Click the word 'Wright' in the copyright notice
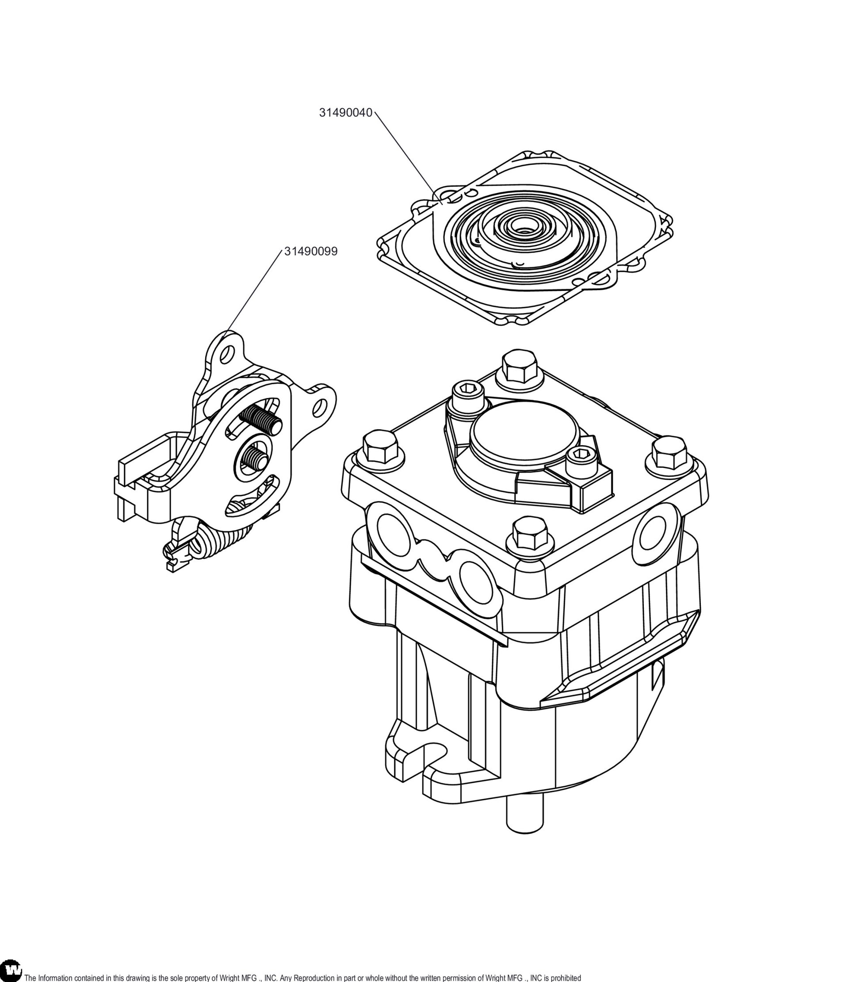coord(229,978)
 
